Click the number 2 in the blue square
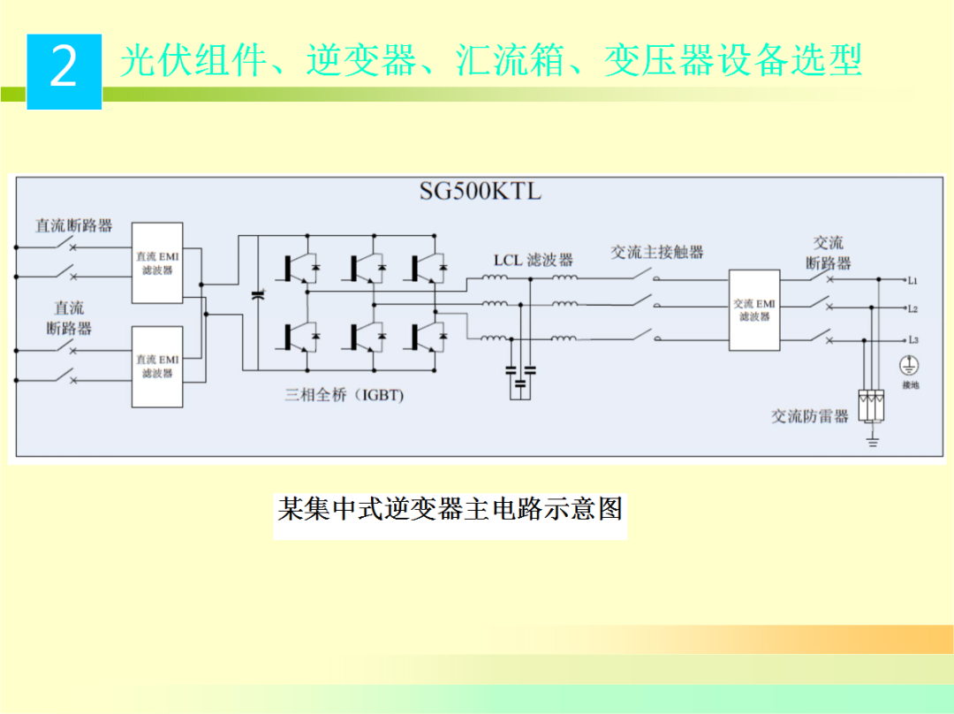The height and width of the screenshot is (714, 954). [x=64, y=69]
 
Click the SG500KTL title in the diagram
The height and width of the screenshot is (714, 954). [x=481, y=192]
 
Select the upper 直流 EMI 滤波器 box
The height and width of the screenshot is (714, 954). [x=157, y=263]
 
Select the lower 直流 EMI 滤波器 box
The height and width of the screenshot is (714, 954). [x=157, y=366]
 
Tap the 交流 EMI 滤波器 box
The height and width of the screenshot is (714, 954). [x=753, y=309]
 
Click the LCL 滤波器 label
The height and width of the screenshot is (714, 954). [x=533, y=260]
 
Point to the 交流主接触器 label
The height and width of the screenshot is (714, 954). [x=657, y=252]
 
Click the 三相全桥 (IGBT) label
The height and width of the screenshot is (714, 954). [x=344, y=395]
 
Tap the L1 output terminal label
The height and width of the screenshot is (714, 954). [x=912, y=281]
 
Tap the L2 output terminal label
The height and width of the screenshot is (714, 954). [x=912, y=310]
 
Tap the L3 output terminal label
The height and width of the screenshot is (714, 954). [x=912, y=340]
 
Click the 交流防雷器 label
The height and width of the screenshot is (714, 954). [x=810, y=416]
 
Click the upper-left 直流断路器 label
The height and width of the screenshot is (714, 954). [x=74, y=225]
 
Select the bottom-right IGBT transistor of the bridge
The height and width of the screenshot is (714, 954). [x=428, y=336]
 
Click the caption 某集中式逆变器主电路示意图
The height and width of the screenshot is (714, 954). [x=450, y=509]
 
